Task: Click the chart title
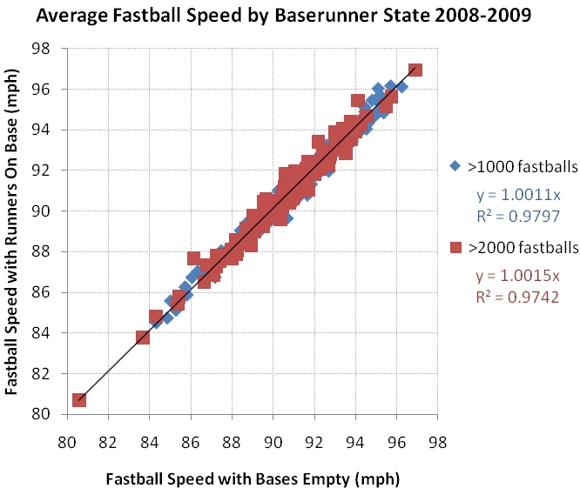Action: point(291,16)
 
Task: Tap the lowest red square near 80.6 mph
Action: point(79,399)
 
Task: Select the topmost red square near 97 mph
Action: point(415,70)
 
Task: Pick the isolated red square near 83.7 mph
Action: point(143,337)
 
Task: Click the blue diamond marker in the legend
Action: point(455,164)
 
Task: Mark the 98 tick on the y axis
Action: point(51,49)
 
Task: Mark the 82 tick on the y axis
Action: point(51,373)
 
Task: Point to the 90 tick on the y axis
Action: point(51,211)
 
